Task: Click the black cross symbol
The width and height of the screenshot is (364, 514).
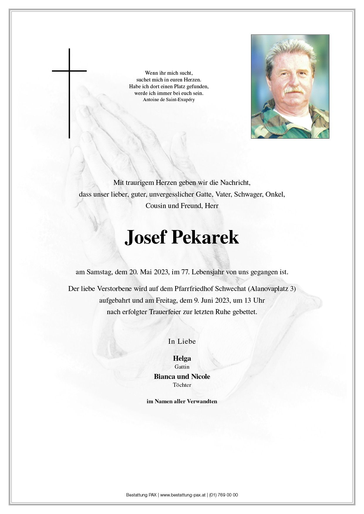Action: coord(69,88)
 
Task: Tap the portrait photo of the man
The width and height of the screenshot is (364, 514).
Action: coord(290,86)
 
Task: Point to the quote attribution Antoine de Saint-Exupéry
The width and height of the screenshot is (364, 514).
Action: coord(169,100)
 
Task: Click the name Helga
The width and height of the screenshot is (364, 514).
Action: coord(182,358)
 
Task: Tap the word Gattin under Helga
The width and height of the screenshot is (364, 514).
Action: coord(182,367)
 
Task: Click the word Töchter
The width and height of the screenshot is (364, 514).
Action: coord(182,385)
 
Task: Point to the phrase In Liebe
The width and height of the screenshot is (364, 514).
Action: coord(182,341)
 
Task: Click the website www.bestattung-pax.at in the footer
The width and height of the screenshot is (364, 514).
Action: coord(183,495)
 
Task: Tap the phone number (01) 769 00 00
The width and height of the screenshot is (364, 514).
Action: coord(224,495)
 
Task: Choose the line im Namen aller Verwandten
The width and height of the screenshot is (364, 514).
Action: coord(182,401)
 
